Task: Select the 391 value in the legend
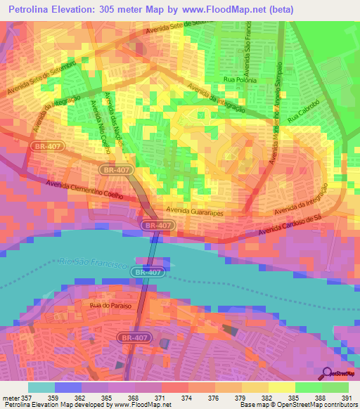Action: (347, 397)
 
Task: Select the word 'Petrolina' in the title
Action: (33, 9)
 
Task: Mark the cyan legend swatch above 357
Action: (41, 387)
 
